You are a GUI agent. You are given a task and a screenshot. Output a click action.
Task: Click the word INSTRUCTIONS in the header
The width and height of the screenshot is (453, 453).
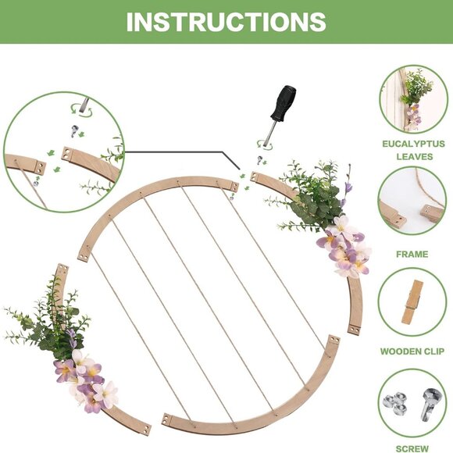point(226,21)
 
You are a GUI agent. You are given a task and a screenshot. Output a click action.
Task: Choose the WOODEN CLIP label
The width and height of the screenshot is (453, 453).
point(413,351)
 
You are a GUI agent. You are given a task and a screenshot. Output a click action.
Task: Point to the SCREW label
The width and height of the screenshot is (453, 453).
point(413,448)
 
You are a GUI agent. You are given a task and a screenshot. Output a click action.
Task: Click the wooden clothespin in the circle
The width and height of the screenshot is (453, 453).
point(412,301)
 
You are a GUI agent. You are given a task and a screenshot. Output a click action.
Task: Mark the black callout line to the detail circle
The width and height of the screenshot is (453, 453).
point(180,152)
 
